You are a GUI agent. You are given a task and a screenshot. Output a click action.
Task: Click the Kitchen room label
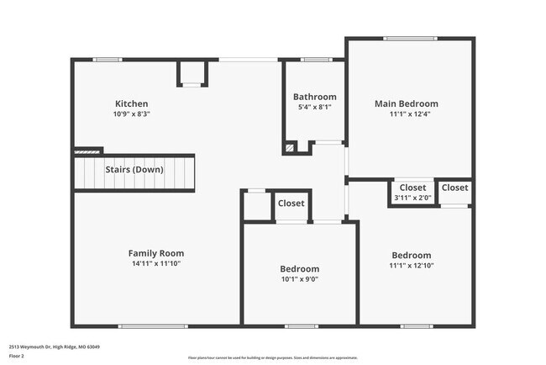point(132,103)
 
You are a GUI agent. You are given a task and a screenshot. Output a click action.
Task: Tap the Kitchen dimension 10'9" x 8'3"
point(132,114)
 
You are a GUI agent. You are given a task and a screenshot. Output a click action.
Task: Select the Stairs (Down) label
point(134,169)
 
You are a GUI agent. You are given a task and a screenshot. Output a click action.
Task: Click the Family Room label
point(155,253)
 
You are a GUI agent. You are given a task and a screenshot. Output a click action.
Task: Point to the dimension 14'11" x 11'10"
point(155,263)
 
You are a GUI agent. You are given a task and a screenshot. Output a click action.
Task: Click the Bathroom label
point(314,97)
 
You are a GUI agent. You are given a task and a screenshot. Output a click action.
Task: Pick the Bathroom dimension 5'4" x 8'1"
point(314,107)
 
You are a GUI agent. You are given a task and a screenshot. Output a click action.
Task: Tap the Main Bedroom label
point(406,103)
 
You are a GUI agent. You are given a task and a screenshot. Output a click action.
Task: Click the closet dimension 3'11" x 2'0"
point(412,198)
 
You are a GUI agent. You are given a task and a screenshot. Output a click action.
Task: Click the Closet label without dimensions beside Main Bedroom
point(454,188)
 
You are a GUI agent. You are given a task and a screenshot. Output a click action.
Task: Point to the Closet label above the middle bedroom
point(291,204)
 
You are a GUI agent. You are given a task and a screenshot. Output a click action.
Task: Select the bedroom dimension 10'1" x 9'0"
point(299,279)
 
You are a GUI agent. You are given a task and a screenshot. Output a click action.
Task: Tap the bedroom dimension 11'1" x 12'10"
point(411,265)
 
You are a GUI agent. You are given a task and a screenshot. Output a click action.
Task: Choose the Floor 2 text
point(17,356)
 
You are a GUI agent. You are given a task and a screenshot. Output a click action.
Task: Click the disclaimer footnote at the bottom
point(272,357)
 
